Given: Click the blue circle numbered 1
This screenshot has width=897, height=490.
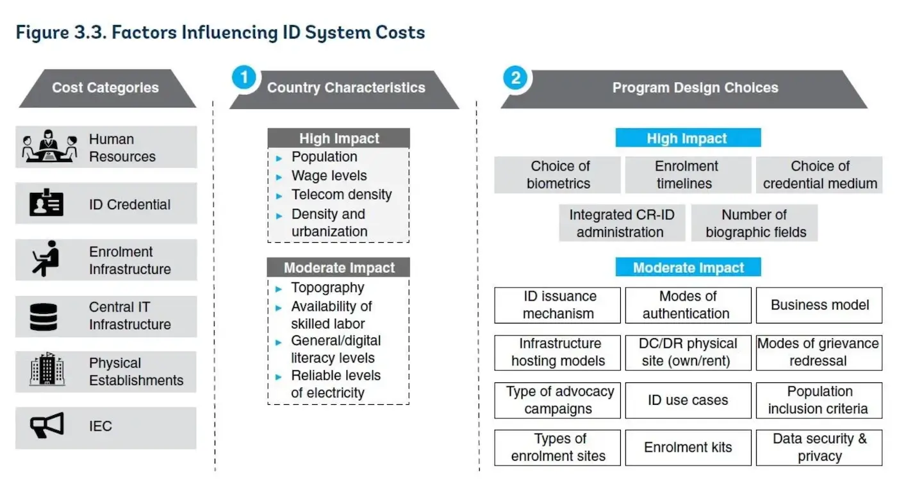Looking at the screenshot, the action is (244, 77).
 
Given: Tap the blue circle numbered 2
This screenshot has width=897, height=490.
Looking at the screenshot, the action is (516, 78).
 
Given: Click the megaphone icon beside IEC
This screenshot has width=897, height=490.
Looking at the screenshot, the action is (47, 425).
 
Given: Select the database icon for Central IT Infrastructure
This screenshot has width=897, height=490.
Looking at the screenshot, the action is (44, 316).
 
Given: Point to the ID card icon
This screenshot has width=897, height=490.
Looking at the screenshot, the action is (46, 202).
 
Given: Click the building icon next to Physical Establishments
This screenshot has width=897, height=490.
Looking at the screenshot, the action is (47, 369).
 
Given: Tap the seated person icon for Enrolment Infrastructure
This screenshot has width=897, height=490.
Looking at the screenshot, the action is (45, 259).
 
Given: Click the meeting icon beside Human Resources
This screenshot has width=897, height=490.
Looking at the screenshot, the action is (50, 146).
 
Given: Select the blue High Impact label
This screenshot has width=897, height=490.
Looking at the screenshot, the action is (688, 138).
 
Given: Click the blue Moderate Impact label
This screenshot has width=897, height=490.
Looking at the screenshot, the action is (688, 267).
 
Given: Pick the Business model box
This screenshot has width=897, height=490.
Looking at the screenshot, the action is (819, 305).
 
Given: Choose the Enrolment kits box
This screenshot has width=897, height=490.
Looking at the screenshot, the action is (688, 448).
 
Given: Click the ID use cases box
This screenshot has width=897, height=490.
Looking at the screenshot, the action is (688, 400).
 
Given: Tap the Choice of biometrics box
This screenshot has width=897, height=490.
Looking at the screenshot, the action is (557, 175).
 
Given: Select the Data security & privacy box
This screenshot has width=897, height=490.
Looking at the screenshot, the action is (819, 448).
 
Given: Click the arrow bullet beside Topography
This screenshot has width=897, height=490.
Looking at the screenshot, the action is (279, 289).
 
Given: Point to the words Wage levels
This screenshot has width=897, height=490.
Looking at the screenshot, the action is (329, 176).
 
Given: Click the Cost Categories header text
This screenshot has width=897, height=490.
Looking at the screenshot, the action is (105, 87).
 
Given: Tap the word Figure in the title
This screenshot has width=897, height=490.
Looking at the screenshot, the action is (42, 33).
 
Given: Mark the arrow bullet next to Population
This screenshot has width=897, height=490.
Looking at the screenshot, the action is (279, 159).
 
